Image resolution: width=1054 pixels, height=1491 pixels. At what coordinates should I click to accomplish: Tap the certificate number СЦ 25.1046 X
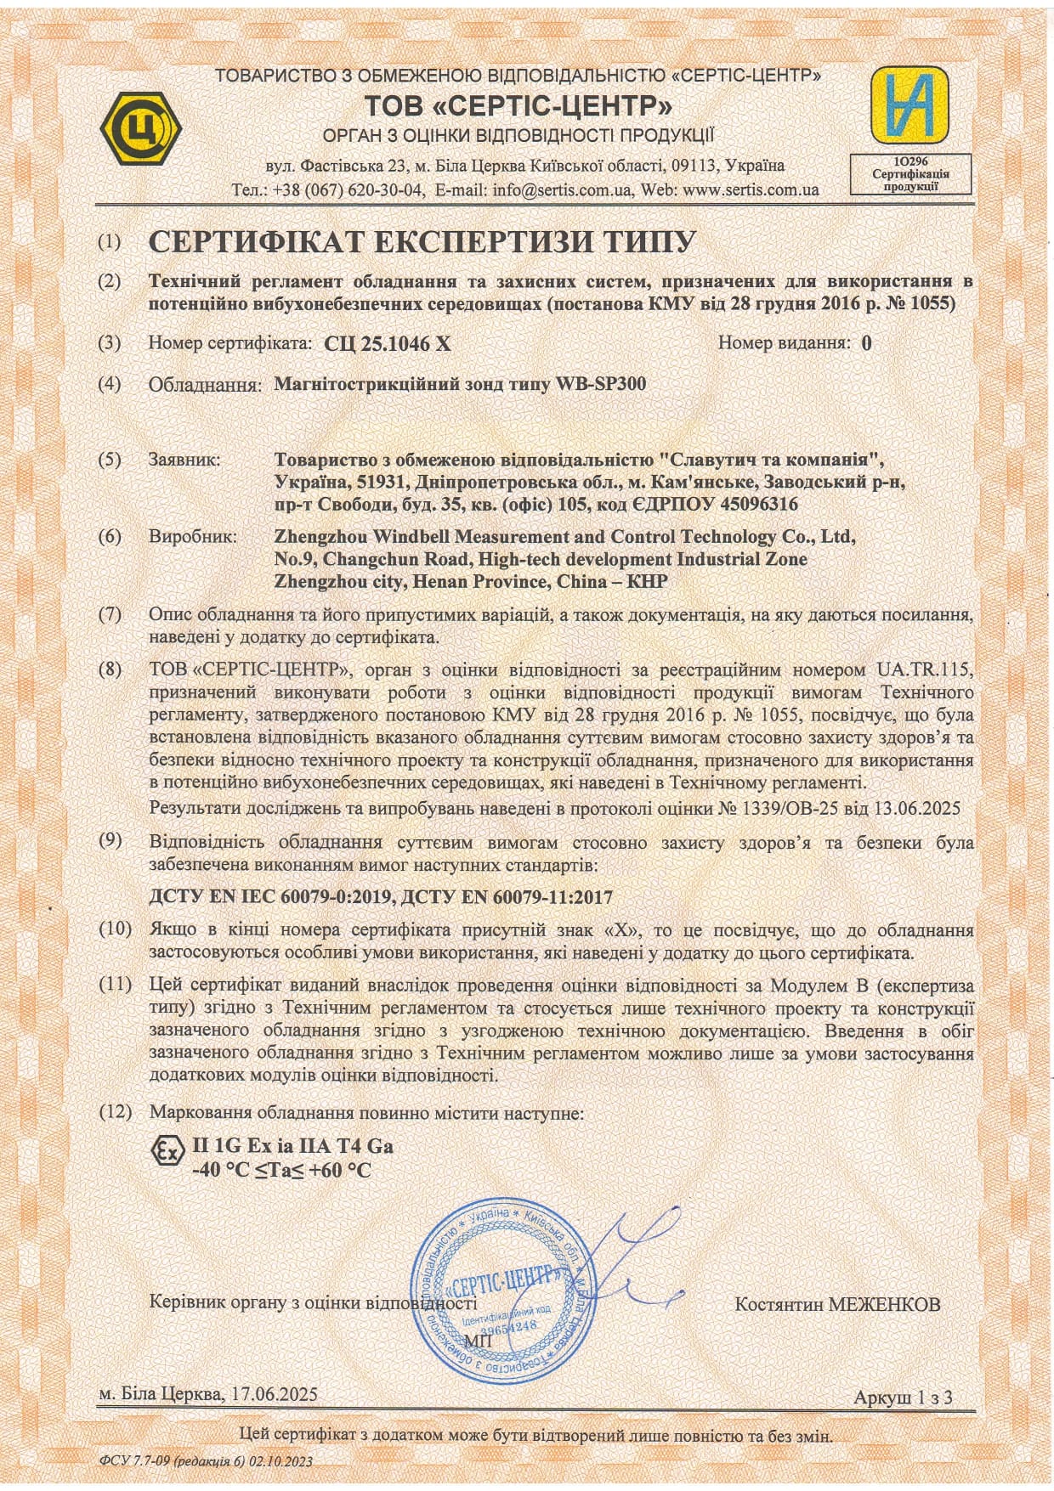tap(388, 343)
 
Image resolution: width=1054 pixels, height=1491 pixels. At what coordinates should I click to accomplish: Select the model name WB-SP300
tap(600, 383)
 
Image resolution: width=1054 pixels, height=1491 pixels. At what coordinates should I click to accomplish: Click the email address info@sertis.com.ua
tap(562, 189)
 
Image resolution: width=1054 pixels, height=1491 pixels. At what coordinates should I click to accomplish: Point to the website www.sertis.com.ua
tap(751, 189)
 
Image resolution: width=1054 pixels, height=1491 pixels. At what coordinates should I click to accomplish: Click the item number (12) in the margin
tap(116, 1112)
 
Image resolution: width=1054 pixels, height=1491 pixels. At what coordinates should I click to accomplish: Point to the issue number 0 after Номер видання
tap(866, 343)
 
